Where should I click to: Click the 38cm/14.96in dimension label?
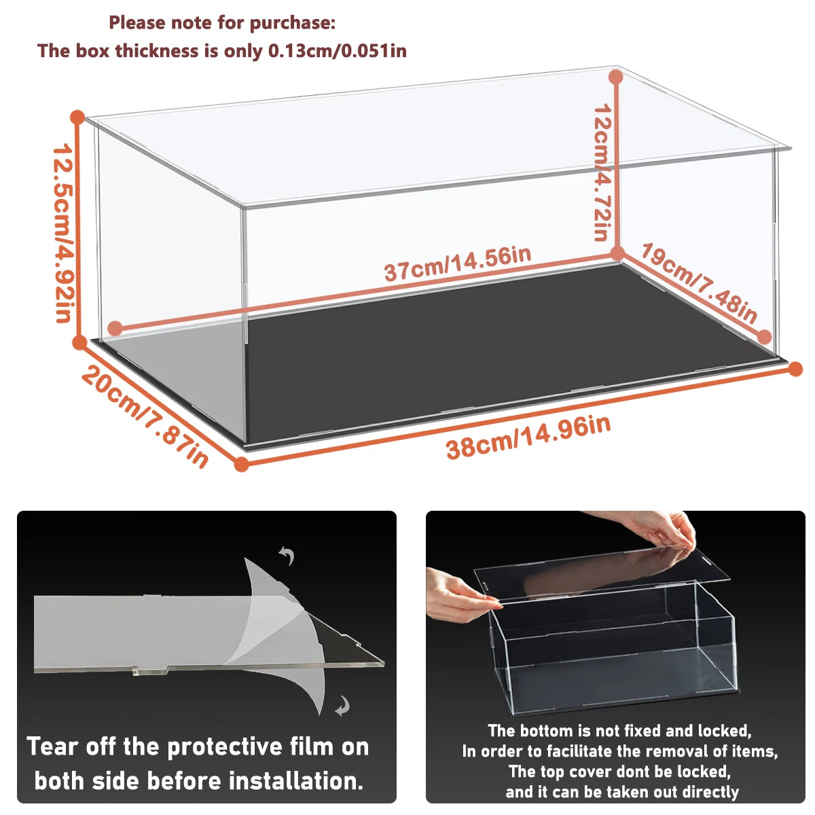528,437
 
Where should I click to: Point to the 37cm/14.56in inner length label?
457,264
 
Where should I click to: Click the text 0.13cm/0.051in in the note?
338,51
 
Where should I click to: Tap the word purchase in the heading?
293,22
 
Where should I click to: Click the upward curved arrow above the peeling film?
287,556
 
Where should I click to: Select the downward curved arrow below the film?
342,706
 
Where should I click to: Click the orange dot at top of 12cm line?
616,77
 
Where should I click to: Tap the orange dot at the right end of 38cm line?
795,369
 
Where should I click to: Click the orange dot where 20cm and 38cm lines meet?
241,465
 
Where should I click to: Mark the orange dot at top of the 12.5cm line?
77,117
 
